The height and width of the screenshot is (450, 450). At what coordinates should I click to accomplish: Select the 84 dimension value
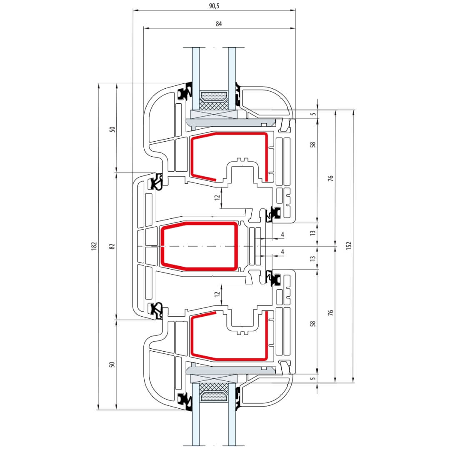tap(219, 24)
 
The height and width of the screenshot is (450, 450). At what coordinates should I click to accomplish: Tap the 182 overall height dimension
tap(94, 246)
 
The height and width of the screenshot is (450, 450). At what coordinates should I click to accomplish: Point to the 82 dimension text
tap(112, 246)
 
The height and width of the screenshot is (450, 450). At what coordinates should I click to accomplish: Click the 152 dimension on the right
tap(349, 246)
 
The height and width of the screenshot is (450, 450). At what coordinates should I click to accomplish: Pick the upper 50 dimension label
tap(112, 128)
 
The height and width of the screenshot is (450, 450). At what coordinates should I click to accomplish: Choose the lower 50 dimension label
tap(112, 364)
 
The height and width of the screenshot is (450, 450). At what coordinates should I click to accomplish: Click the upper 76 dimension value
tap(330, 178)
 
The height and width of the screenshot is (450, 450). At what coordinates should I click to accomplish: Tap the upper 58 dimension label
tap(313, 145)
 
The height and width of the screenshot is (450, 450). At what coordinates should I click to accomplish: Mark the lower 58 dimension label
tap(313, 323)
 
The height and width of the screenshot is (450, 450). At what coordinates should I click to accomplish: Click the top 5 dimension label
tap(313, 113)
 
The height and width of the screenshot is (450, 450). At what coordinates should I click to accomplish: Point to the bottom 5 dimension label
tap(313, 378)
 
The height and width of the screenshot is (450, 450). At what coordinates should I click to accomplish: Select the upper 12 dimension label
tap(217, 197)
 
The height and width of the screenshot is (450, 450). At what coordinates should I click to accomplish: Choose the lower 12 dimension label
tap(217, 294)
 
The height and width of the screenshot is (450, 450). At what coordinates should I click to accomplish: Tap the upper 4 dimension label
tap(282, 235)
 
